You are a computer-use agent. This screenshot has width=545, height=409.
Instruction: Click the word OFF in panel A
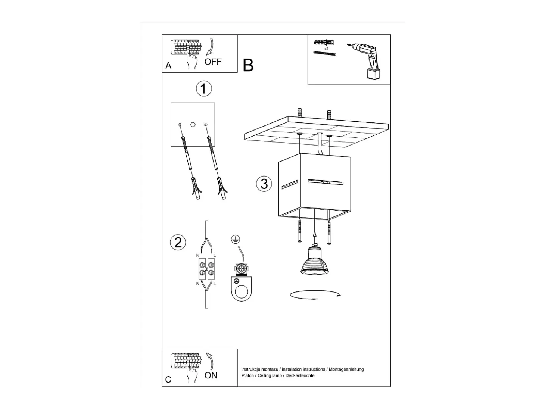click(x=213, y=62)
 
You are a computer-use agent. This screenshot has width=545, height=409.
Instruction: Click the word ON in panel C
click(x=211, y=375)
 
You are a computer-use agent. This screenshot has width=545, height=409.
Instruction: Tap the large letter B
click(x=248, y=65)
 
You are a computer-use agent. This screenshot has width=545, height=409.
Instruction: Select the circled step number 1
click(x=204, y=88)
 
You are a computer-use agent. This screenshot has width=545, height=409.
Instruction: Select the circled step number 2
click(x=178, y=242)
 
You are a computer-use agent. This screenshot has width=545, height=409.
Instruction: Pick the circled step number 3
click(x=264, y=184)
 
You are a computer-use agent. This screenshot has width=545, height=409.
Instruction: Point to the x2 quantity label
click(x=326, y=49)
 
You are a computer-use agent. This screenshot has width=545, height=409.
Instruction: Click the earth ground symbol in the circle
click(x=236, y=239)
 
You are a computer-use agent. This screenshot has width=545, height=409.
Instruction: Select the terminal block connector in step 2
click(x=206, y=269)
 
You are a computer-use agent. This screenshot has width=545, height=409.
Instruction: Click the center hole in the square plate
click(x=193, y=125)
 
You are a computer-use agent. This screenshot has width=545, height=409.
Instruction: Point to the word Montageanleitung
click(x=346, y=369)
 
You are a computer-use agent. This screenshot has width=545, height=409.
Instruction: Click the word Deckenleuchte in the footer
click(x=300, y=375)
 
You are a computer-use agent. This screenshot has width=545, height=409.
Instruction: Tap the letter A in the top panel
click(x=168, y=66)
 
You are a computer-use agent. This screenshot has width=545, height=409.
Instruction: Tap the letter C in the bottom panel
click(x=168, y=380)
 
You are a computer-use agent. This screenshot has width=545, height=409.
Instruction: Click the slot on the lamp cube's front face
click(x=326, y=182)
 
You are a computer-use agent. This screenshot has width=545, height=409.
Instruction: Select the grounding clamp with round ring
click(x=241, y=283)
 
